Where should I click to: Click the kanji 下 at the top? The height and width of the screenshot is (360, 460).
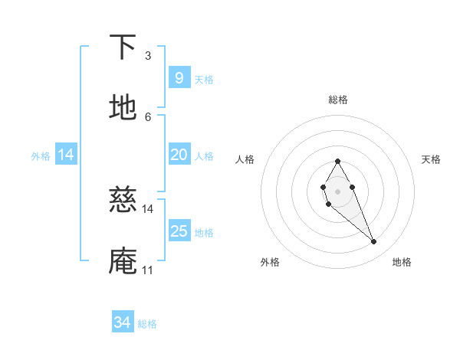(x=123, y=47)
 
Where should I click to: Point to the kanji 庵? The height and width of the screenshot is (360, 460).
(x=123, y=260)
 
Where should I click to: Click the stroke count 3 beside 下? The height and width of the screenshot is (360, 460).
(x=148, y=56)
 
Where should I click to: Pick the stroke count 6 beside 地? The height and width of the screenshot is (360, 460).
(x=148, y=116)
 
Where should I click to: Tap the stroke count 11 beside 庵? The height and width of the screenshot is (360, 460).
(x=148, y=270)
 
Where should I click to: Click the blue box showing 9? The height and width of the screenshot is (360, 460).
(x=179, y=77)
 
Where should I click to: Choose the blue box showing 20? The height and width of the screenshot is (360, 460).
(x=179, y=155)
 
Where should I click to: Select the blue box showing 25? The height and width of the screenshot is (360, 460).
(x=179, y=231)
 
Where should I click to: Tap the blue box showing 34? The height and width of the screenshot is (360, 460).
(x=123, y=322)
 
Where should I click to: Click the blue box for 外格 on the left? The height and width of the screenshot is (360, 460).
(x=66, y=155)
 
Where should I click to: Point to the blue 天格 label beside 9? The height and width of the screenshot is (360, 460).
(x=204, y=79)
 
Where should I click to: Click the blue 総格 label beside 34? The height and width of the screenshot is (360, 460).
(x=147, y=324)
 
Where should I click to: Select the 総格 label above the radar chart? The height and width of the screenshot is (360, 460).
(x=337, y=100)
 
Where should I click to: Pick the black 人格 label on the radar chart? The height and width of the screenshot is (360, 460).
(x=245, y=159)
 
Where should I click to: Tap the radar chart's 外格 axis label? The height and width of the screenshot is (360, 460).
(x=270, y=262)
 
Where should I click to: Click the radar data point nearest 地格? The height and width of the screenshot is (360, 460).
(x=374, y=242)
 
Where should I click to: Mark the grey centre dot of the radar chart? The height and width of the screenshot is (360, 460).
(x=337, y=190)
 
